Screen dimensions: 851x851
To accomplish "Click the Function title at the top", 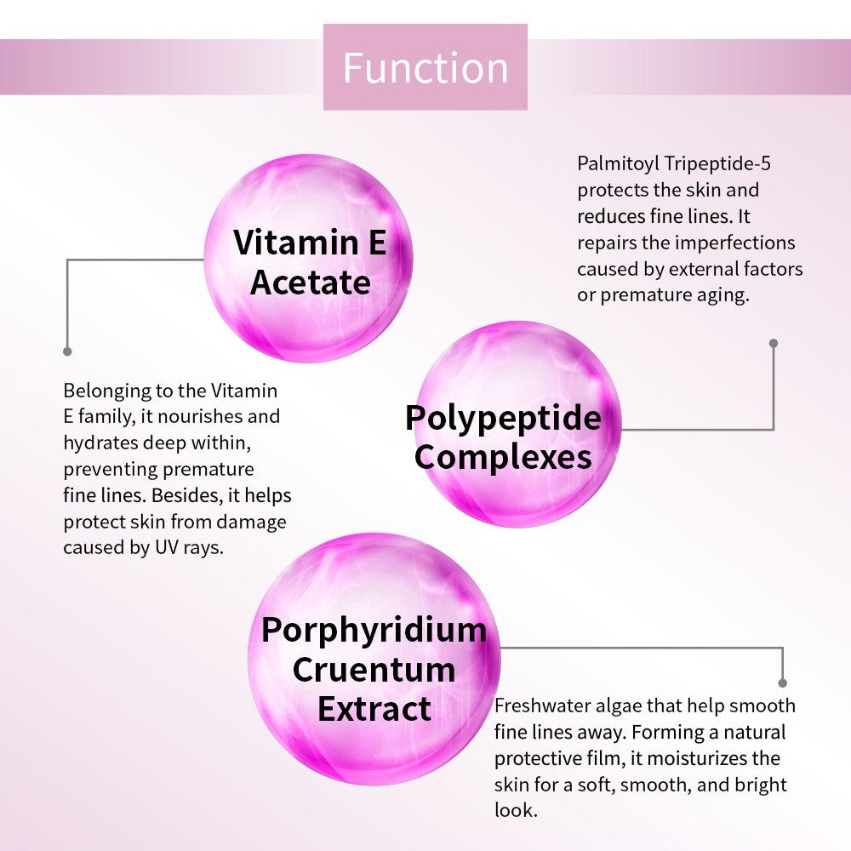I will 425,68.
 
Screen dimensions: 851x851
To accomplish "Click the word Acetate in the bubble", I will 311,283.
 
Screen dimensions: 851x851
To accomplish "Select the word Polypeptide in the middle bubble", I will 503,418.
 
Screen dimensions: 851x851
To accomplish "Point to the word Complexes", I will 503,457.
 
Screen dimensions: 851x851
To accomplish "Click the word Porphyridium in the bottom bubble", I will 374,630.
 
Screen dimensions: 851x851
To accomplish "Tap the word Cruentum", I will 374,669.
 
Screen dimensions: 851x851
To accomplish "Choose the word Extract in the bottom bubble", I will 374,708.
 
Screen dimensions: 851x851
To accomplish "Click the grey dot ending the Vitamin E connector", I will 67,351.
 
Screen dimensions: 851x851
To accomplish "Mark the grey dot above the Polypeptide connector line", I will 774,343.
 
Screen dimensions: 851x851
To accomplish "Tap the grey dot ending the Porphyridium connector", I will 782,683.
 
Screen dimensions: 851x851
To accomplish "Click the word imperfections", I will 734,243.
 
